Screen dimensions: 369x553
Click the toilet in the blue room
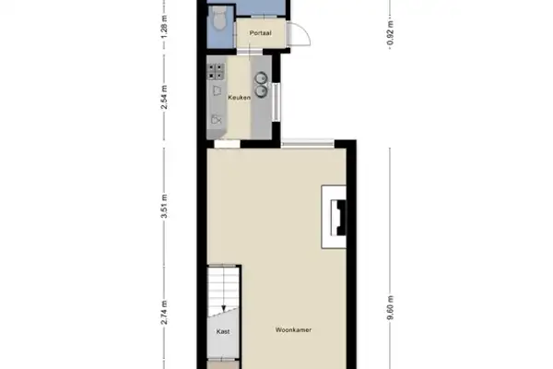[x=218, y=19]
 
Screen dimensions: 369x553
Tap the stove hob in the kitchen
[x=218, y=69]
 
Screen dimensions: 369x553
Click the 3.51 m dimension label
[x=163, y=214]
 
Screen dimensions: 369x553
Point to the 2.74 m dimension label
[x=163, y=312]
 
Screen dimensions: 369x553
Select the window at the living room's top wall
[x=308, y=142]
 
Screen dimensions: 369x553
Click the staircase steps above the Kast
[x=222, y=286]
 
